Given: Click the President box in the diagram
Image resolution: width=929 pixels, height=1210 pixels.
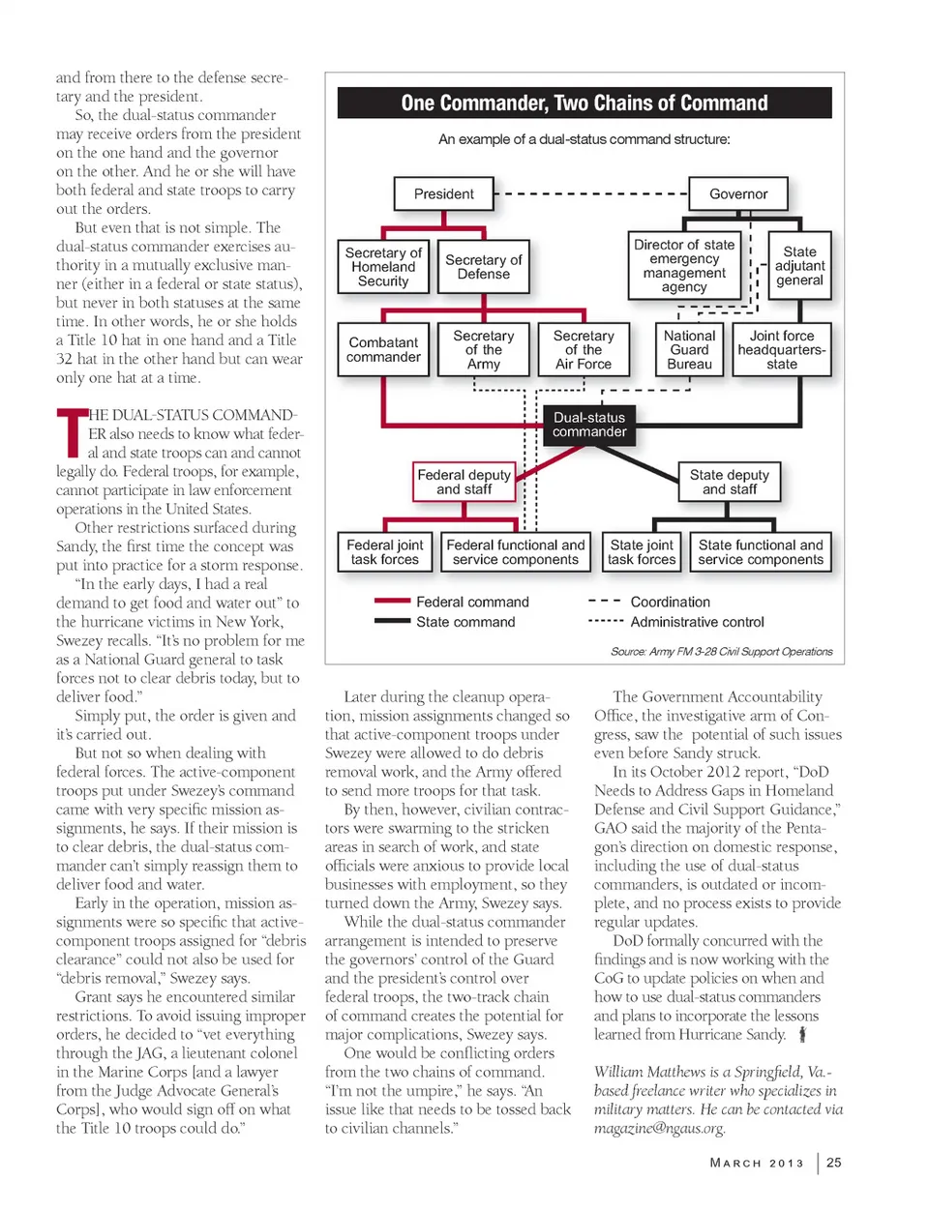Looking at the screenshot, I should tap(443, 193).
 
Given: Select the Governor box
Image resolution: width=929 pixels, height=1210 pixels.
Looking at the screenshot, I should tap(737, 193).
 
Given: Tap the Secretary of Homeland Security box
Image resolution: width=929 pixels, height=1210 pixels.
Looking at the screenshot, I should tap(383, 266).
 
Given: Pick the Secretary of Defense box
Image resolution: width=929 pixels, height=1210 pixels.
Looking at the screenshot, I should tap(483, 266).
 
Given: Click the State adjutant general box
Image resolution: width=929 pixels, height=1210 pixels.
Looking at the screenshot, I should tap(799, 265).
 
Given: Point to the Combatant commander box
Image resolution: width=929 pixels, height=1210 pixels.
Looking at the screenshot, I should tap(383, 349).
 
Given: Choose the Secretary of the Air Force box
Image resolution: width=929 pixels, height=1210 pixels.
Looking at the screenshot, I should tap(583, 349).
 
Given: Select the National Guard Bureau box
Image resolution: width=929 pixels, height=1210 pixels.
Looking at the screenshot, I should tap(689, 349).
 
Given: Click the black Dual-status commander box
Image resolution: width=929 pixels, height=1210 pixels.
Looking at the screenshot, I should tap(588, 425).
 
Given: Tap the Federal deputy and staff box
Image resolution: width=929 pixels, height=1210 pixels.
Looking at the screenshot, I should tap(464, 482).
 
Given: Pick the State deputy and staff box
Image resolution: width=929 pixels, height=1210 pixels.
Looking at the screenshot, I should tap(729, 482).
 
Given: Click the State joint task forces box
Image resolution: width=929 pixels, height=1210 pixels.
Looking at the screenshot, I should tap(642, 552).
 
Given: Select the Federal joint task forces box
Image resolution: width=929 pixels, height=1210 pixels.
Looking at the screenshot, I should tap(384, 552).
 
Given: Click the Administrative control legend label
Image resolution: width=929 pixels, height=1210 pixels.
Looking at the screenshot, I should tap(697, 622).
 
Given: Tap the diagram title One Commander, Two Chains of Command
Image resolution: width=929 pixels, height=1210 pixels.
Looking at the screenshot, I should tap(584, 103).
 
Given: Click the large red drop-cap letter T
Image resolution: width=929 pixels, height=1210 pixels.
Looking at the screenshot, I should tap(70, 432).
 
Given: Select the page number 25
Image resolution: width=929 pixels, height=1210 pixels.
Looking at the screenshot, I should tap(833, 1163).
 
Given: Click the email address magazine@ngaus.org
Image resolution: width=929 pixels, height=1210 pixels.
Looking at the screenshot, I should tap(659, 1128).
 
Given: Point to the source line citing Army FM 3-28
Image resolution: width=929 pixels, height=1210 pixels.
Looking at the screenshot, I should tap(721, 652).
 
